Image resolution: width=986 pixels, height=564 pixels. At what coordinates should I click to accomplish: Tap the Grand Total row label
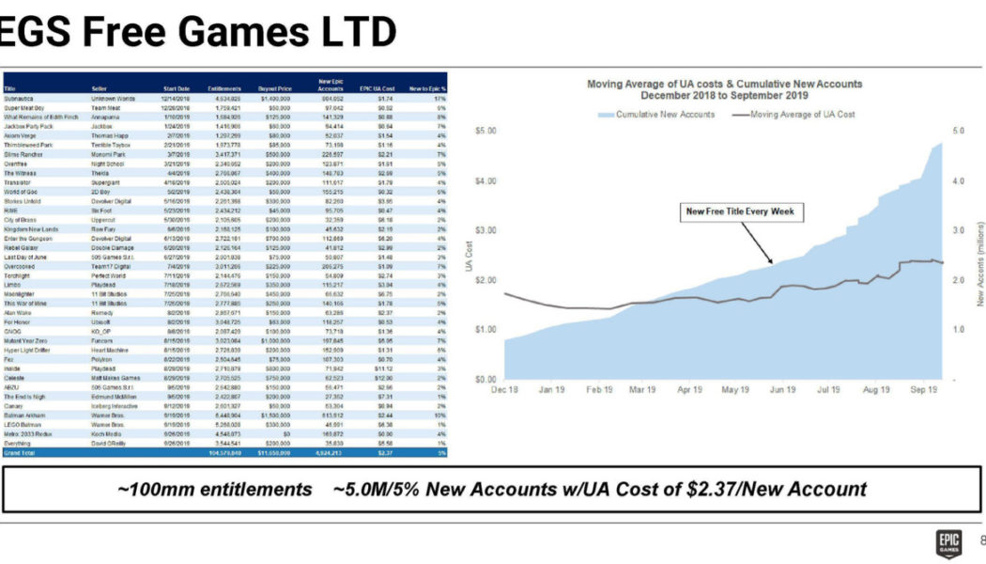click(x=19, y=452)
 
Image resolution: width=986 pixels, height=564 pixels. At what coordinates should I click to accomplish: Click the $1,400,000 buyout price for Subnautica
click(x=273, y=98)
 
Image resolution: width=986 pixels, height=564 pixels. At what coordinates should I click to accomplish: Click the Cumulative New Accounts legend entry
click(x=658, y=114)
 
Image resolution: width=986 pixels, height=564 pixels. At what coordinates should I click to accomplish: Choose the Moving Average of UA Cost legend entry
click(x=793, y=114)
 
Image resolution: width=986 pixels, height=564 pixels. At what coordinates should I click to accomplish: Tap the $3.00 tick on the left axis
click(x=485, y=230)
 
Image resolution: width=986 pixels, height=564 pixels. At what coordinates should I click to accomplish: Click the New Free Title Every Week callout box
click(x=740, y=211)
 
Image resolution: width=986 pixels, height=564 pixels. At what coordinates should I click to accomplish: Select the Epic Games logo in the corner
click(x=946, y=540)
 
